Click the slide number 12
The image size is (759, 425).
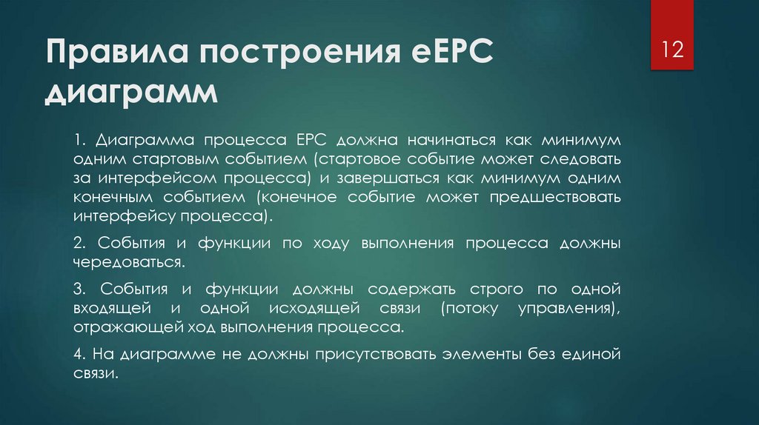672,53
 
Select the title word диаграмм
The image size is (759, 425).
132,95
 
